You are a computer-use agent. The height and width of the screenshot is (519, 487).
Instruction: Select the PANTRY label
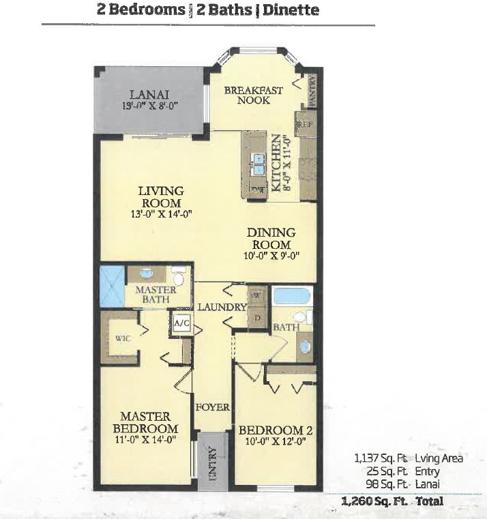point(312,91)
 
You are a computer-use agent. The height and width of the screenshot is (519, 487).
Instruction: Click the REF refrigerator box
point(304,125)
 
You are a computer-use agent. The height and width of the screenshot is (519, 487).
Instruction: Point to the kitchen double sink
point(259,164)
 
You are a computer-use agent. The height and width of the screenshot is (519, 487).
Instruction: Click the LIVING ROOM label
point(161,197)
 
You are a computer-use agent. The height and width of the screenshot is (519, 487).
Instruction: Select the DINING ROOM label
point(271,239)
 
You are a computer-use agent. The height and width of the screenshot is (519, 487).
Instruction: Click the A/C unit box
point(181,324)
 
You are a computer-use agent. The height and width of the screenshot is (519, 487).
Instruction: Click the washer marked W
point(256,296)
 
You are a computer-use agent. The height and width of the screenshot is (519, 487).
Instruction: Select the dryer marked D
point(256,317)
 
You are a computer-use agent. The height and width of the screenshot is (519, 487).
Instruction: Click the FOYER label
point(212,407)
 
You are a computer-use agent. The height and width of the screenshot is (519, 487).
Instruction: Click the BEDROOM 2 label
point(275,430)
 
